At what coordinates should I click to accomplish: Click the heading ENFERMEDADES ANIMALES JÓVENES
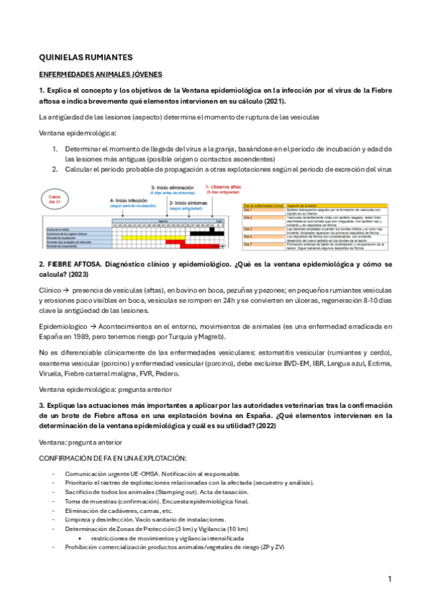(100, 74)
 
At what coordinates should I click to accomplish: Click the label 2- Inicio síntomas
(189, 204)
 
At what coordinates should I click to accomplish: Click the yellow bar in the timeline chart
(145, 237)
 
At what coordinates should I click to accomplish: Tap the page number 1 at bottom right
(389, 579)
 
